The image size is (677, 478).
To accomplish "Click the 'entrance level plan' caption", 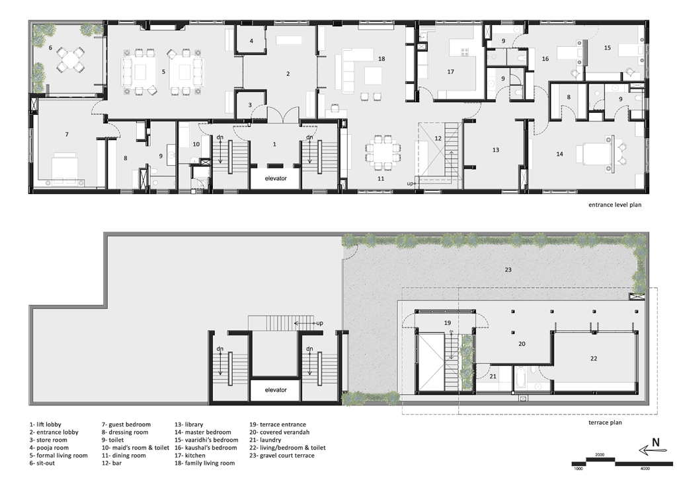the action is tap(615, 205).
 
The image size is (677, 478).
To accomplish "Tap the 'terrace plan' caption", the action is tap(605, 423).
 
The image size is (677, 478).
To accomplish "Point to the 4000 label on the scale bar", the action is tap(645, 469).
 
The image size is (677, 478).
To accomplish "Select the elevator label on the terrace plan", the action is tap(276, 390).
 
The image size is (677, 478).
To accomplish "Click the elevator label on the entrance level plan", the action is tap(276, 178).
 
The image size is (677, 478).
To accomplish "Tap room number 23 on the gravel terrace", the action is tap(508, 270).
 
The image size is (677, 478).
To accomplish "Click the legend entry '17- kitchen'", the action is tap(190, 455).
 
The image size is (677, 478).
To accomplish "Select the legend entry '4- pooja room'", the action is tap(49, 448).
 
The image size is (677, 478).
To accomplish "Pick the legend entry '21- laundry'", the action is tap(265, 440).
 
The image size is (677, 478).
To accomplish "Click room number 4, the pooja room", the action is tap(251, 42).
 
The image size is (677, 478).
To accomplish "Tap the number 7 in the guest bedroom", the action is tap(67, 135).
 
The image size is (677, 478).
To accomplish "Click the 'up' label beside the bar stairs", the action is tap(410, 184).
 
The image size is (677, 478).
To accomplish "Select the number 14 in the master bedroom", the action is tap(559, 154).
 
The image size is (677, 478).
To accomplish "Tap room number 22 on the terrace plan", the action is tap(594, 358).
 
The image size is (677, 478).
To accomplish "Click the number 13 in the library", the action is tap(496, 150).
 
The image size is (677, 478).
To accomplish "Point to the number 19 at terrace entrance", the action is tap(448, 323).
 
